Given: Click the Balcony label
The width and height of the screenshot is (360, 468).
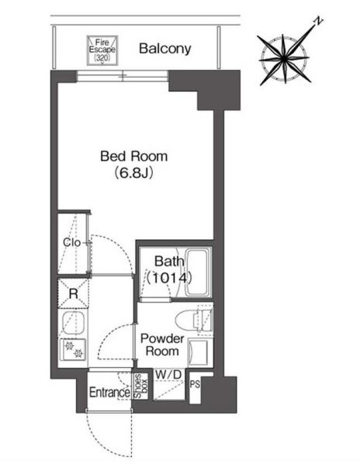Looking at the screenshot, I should click(x=164, y=49).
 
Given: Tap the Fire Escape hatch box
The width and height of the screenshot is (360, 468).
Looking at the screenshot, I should click(x=102, y=48).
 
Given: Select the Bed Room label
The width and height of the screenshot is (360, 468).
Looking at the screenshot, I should click(x=133, y=156).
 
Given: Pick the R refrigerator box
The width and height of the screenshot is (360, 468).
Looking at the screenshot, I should click(x=73, y=293).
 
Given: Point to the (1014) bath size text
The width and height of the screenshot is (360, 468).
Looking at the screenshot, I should click(x=168, y=276).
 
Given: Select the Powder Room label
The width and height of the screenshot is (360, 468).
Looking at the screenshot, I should click(x=161, y=345).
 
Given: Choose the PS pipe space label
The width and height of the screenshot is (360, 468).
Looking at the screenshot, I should click(x=195, y=383).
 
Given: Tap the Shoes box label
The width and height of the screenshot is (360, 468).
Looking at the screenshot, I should click(x=137, y=386).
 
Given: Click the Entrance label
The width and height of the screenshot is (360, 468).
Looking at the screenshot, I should click(x=108, y=393).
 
